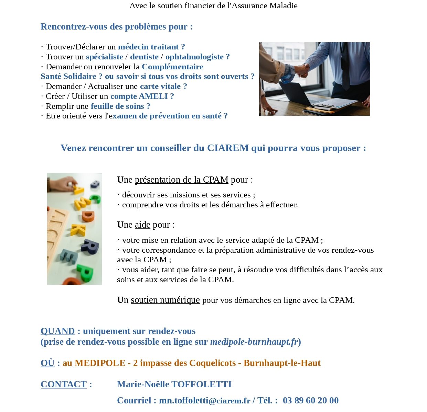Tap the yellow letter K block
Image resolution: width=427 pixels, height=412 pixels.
click(x=78, y=230)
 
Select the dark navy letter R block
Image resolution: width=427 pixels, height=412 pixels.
click(x=90, y=246)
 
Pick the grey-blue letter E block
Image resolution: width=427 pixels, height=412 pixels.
click(x=68, y=256)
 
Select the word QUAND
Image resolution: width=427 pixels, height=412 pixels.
click(x=57, y=331)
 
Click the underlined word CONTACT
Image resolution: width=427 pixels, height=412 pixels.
click(x=64, y=384)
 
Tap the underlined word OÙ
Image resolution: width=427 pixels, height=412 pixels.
click(x=47, y=363)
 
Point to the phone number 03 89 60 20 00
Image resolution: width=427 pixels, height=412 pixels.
click(x=310, y=400)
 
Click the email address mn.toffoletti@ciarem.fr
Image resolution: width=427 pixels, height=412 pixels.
click(x=204, y=400)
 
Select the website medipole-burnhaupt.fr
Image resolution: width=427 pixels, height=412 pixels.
click(x=254, y=342)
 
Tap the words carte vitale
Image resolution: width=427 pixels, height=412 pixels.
click(x=160, y=86)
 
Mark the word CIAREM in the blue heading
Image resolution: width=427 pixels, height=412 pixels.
click(x=227, y=148)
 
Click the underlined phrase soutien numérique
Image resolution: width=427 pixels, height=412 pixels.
click(x=165, y=300)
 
